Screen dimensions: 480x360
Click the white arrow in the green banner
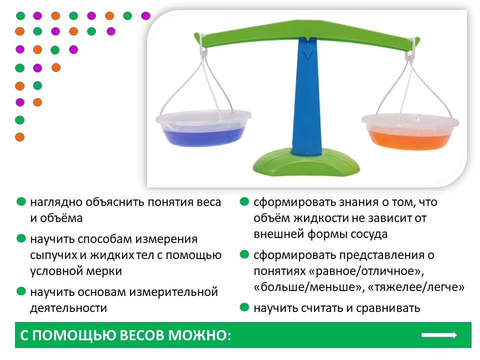coord(439,335)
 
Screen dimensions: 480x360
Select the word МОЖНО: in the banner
coord(200,335)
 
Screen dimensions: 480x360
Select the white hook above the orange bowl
coord(410,49)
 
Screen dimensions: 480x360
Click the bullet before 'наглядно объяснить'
coord(21,201)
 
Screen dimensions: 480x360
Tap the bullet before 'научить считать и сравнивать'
coord(244,307)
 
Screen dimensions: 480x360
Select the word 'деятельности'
coord(68,308)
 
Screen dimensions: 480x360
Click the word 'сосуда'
coord(369,234)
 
